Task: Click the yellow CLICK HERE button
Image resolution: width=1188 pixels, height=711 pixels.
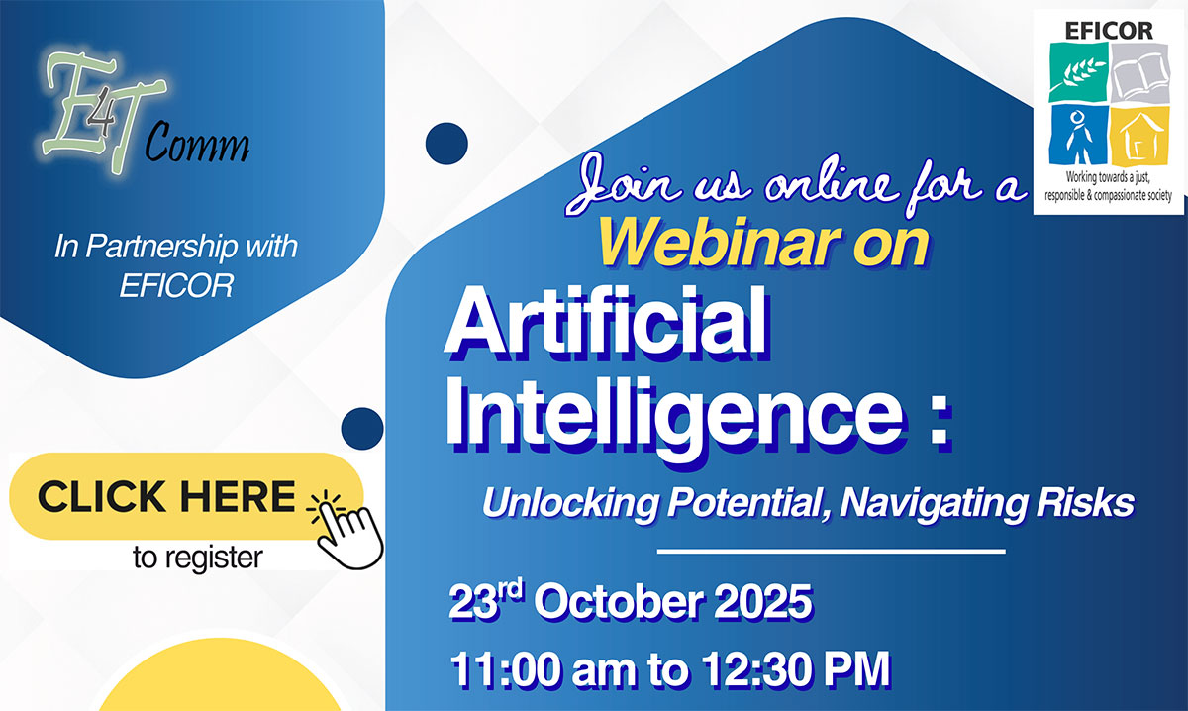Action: [x=186, y=496]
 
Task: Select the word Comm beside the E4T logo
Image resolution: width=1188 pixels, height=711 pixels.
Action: [x=197, y=143]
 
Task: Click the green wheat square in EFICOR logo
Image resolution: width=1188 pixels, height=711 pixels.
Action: [x=1078, y=72]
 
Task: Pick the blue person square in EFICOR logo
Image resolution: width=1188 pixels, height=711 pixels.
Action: [x=1078, y=136]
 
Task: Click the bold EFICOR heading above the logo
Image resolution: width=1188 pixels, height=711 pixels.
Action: [x=1109, y=31]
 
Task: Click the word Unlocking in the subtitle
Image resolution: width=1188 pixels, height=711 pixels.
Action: [x=570, y=503]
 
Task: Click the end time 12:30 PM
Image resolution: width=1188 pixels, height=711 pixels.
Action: [x=796, y=669]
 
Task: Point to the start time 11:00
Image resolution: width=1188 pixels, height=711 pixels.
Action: [x=504, y=669]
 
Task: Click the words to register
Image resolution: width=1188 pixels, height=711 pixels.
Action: [x=198, y=559]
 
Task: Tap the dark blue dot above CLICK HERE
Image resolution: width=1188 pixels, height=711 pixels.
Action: [x=362, y=429]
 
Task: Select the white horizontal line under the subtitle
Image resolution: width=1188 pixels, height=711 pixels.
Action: [x=831, y=552]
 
